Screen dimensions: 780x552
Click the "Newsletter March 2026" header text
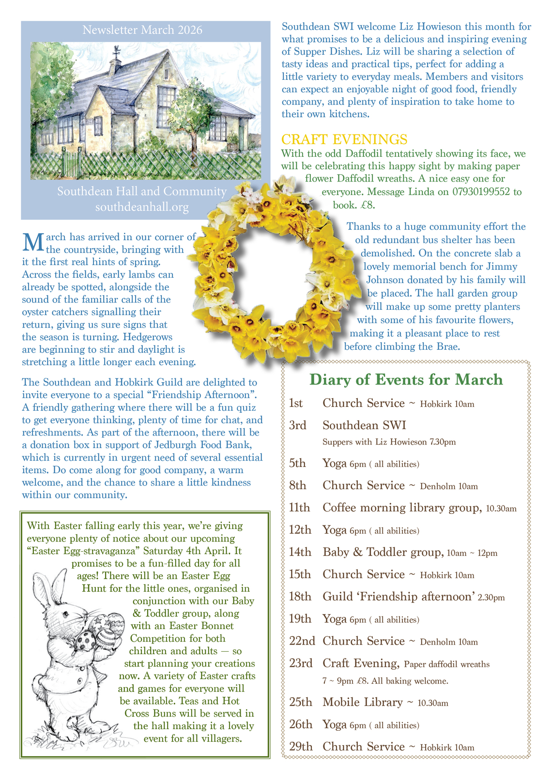point(142,30)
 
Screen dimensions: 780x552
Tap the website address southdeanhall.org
point(142,207)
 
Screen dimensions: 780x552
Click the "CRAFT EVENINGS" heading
point(344,139)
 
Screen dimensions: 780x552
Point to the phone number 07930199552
point(480,192)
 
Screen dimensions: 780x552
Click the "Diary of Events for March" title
point(406,379)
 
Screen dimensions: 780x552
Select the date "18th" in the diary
point(300,597)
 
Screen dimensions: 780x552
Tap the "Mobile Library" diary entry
point(363,702)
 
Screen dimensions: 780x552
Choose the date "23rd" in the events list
point(300,663)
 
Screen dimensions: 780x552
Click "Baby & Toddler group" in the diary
point(383,552)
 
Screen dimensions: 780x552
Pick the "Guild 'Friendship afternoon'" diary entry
point(398,597)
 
